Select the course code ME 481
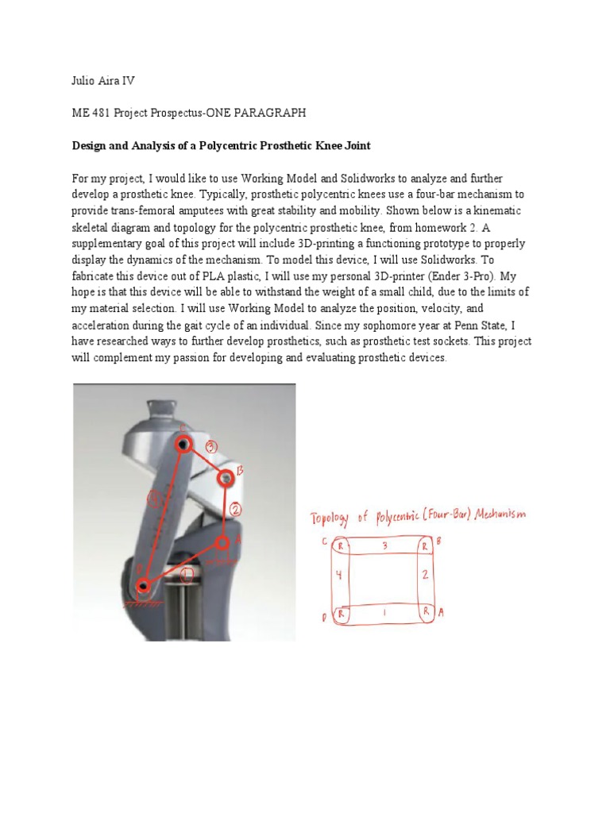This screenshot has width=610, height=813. click(91, 114)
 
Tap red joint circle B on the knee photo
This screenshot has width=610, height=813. click(226, 477)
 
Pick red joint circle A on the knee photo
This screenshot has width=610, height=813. click(223, 542)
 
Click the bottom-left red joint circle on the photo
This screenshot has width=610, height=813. click(144, 587)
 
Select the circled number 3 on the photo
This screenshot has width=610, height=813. click(211, 446)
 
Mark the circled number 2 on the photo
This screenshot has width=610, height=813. click(236, 507)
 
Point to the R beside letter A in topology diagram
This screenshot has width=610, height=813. click(425, 611)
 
